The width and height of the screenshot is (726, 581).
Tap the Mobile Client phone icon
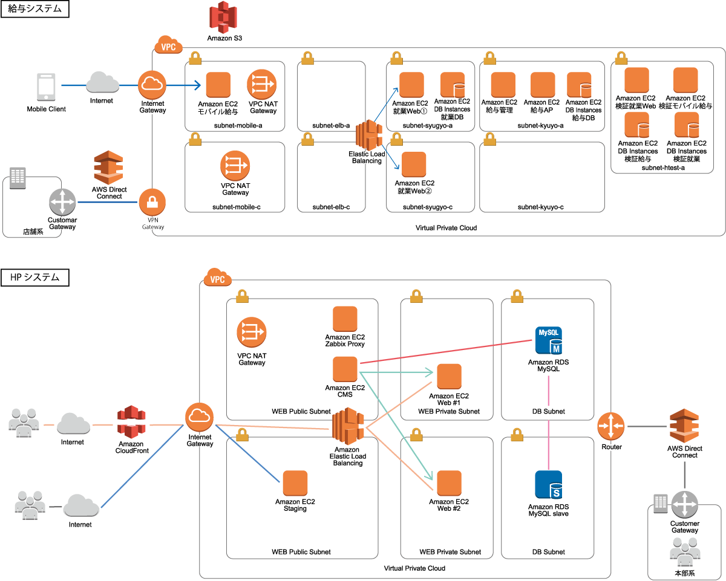(46, 87)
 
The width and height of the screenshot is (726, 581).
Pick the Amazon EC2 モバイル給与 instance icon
(218, 85)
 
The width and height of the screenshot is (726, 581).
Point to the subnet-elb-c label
(331, 207)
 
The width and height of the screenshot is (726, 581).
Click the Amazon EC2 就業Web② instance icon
(414, 164)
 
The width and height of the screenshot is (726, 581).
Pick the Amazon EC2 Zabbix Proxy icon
(345, 319)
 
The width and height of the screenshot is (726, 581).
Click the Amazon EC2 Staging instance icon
(295, 482)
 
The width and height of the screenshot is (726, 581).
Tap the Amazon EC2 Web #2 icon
(449, 482)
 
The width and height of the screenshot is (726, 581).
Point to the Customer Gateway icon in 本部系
(684, 504)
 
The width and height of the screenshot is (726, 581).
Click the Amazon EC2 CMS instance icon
(345, 369)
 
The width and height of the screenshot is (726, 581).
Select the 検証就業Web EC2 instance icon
(636, 79)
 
